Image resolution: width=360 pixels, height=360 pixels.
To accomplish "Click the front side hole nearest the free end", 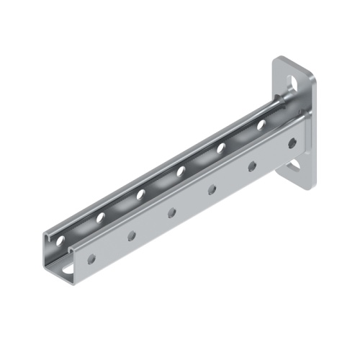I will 91,258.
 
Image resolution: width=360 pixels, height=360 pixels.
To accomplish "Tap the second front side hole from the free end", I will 132,235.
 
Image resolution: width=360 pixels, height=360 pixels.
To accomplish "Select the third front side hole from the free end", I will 172,212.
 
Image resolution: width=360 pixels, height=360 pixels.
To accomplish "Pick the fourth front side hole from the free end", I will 212,189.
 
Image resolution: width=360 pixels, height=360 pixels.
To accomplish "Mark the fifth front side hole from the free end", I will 253,166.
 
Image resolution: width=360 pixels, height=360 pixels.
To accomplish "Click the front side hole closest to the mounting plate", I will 292,143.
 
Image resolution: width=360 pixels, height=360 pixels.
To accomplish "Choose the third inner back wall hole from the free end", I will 141,194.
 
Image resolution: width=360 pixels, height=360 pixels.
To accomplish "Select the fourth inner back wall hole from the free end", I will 181,171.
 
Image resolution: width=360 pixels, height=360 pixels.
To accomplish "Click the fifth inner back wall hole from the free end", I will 221,148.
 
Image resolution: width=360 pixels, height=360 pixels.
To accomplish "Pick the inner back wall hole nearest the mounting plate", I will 261,125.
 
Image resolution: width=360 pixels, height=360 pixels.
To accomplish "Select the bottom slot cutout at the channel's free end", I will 66,269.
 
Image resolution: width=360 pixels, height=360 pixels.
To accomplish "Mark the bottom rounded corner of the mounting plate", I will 308,186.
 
